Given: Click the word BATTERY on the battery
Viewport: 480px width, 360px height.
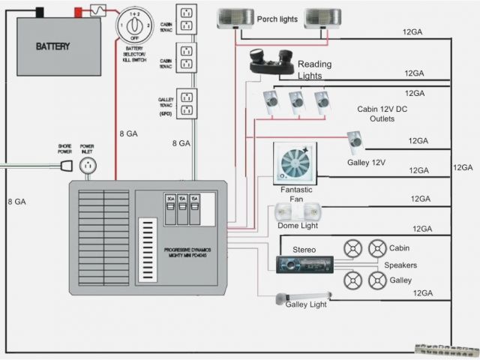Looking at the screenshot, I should [x=53, y=46].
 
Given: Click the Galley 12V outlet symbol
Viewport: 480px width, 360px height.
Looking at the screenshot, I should [x=354, y=142].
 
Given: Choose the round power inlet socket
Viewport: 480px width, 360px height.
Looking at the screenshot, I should [x=88, y=166].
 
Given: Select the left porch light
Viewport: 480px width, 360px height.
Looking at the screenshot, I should [x=235, y=18].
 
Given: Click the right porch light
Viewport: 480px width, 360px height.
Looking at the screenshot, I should [x=323, y=18].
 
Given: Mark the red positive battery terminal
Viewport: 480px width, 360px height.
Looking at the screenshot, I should [x=77, y=12].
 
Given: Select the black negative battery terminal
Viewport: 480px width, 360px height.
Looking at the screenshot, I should [x=39, y=12].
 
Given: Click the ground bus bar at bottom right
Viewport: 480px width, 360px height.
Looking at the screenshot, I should [x=445, y=349].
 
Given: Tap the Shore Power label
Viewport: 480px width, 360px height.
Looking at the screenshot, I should [x=64, y=149].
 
